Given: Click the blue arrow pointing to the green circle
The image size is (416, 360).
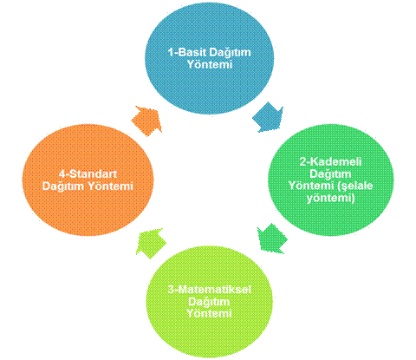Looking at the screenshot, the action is coord(269,118).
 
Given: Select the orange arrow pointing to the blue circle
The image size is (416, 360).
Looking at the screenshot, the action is coord(146,121).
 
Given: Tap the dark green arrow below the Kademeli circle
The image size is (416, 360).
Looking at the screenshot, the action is coord(272,239).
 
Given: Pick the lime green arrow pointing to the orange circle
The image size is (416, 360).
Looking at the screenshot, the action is coord(151,243).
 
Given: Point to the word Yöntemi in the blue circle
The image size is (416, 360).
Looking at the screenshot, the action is coord(210,64).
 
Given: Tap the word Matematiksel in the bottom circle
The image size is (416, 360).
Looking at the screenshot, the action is coord(213,290).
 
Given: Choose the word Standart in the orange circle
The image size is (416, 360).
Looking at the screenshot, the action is coord(93,173).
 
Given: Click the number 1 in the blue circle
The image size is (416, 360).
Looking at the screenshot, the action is coord(171,52).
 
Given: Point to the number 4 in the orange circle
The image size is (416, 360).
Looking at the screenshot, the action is coord(62,173).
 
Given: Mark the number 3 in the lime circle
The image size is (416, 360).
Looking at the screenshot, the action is coord(171,290).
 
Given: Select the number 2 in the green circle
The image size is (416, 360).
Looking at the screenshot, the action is coord(302,161).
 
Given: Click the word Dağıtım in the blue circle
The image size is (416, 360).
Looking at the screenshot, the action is coord(230,53).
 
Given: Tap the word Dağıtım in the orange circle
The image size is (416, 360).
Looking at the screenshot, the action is coord(63,187).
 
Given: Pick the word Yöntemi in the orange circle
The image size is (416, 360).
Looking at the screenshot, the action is coord(110,186).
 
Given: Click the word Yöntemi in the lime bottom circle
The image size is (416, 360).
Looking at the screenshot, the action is coord(209,313).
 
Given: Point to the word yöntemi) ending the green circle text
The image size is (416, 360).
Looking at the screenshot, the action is coord(330,199).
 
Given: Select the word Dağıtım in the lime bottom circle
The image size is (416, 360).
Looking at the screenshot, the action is coord(209,302).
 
